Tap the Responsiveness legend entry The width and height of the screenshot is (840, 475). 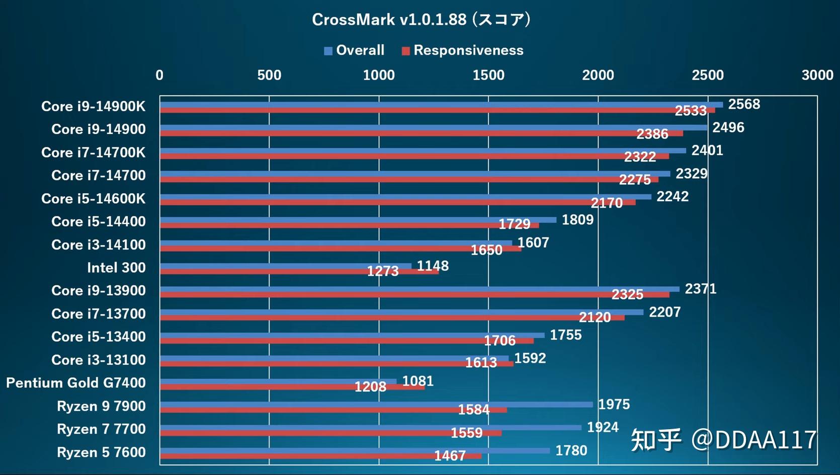462,50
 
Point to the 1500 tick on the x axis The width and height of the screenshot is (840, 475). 488,75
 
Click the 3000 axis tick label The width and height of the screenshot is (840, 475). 817,75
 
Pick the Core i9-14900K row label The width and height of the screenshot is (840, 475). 93,106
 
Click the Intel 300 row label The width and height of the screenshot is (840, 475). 116,268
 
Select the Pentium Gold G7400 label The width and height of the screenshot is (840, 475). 76,383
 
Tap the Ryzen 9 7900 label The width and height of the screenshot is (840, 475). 101,406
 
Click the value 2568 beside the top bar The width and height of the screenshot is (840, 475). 744,104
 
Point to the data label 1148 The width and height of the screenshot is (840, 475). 433,266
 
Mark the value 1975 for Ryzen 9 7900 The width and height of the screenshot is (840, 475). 614,404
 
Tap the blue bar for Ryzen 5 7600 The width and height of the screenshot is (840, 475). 355,450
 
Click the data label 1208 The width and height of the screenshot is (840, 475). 370,386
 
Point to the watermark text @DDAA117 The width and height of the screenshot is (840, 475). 753,440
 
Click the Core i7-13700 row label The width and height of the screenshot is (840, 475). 98,314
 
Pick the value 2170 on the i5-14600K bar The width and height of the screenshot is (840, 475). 607,203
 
